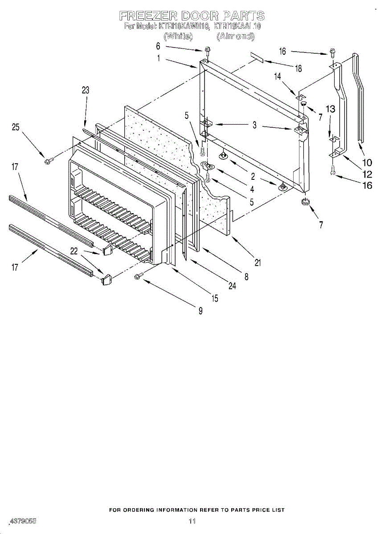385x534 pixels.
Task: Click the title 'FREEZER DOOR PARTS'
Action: [x=192, y=16]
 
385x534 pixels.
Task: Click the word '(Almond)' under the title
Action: [x=235, y=37]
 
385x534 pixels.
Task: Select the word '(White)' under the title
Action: [x=178, y=37]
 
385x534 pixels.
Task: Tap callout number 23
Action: [x=85, y=90]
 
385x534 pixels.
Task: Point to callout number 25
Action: [x=16, y=127]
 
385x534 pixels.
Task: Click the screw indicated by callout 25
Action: [x=48, y=159]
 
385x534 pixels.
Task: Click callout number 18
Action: [x=298, y=68]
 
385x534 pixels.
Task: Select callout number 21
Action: [x=258, y=263]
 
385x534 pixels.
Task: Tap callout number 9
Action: [x=201, y=311]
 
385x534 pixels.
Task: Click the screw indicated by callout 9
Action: [x=139, y=276]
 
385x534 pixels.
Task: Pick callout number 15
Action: [x=215, y=299]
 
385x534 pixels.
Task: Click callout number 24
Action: [x=232, y=286]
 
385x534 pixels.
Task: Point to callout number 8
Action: [x=246, y=276]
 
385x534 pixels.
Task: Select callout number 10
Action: [x=367, y=163]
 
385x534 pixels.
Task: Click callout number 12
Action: [x=367, y=175]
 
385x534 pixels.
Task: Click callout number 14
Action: [x=278, y=76]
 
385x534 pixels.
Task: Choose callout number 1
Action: [x=159, y=57]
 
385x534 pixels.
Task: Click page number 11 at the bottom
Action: [x=192, y=521]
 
